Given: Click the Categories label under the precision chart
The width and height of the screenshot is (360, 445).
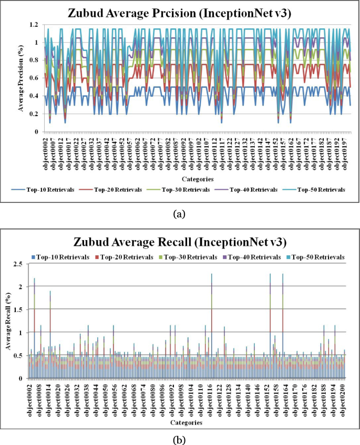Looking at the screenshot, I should tap(198, 179).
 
